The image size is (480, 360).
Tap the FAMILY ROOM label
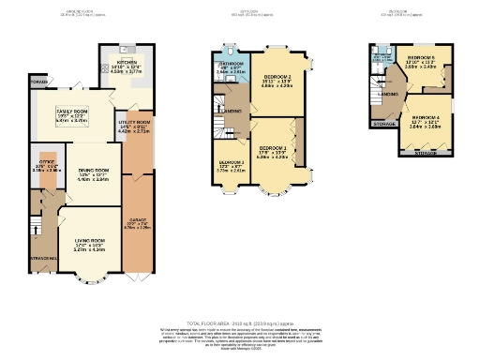coord(47,111)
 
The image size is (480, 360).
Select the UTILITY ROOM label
coord(136,123)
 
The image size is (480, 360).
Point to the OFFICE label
coord(48,161)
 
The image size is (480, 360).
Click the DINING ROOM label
coord(94,170)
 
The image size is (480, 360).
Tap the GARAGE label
coord(136,218)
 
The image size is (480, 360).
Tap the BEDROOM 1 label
coord(273,148)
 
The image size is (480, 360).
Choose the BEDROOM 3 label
coord(231,162)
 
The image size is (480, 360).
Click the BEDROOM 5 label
coord(419,58)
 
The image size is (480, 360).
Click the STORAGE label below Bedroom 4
coord(426,152)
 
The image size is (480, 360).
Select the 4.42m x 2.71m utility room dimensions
coord(136,132)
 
